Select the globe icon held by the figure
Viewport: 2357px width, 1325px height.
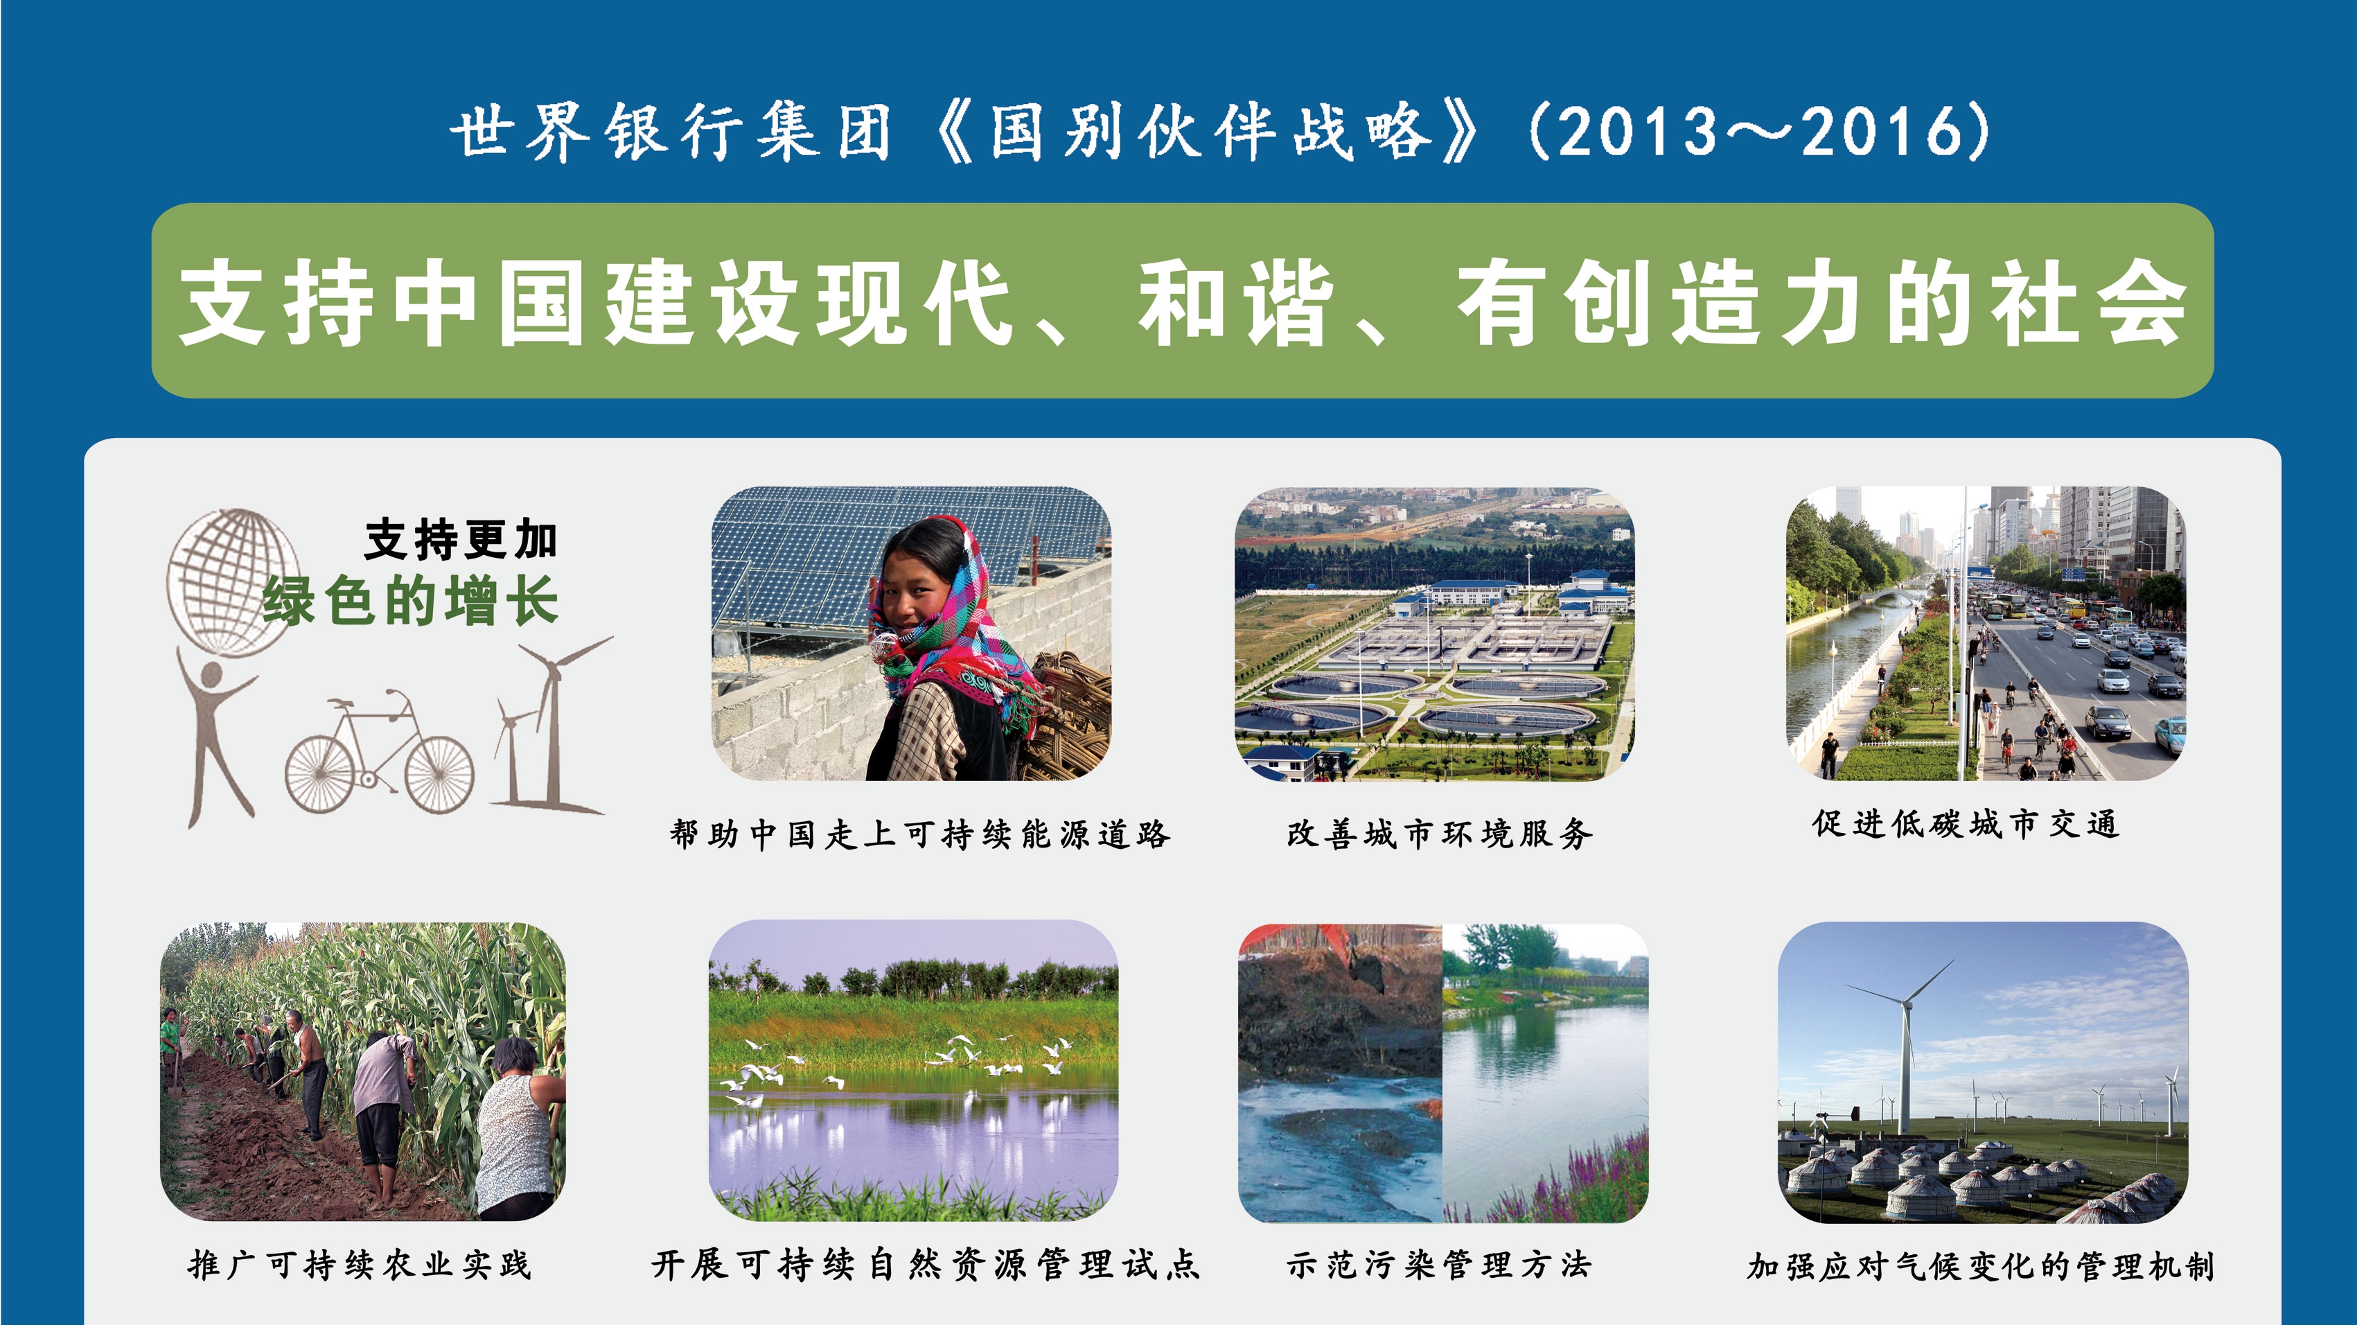(234, 582)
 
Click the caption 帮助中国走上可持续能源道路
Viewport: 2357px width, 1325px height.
(919, 834)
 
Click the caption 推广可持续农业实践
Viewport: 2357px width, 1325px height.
(360, 1265)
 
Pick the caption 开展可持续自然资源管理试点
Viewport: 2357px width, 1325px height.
(925, 1265)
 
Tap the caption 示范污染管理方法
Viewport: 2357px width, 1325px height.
(1439, 1265)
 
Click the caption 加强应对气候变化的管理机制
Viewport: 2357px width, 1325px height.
(1981, 1265)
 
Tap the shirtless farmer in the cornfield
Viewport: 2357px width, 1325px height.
(306, 1071)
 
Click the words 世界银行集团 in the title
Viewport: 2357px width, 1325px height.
(671, 131)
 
